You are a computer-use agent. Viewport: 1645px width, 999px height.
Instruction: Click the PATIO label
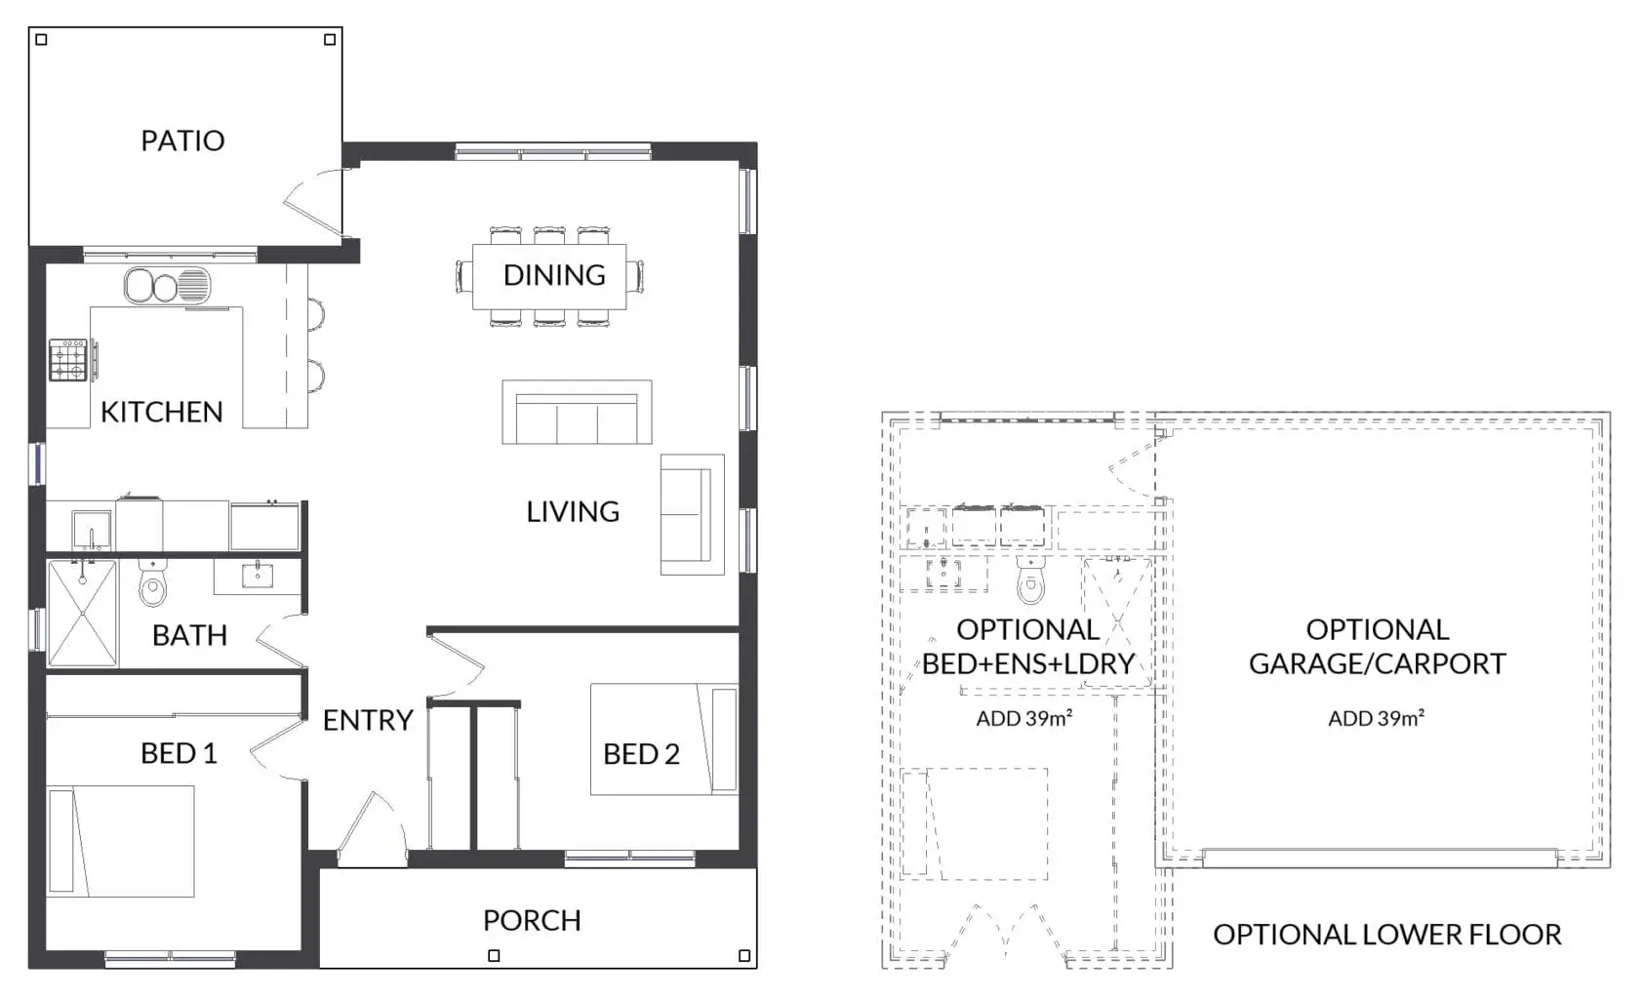(182, 140)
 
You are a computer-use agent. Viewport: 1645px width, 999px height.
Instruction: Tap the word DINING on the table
(554, 275)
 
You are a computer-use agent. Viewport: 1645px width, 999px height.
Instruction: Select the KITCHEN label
(162, 412)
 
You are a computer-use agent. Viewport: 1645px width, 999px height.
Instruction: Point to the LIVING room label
(573, 511)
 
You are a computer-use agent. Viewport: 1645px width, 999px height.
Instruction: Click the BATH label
(189, 635)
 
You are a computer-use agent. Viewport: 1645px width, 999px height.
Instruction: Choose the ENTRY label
(368, 721)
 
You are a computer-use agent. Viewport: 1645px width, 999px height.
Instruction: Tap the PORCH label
(532, 920)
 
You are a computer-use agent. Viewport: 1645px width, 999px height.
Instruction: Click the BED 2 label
(641, 754)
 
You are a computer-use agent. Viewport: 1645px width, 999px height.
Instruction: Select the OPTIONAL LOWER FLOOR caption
(1387, 935)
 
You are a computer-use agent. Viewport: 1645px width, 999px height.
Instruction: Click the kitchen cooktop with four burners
(68, 360)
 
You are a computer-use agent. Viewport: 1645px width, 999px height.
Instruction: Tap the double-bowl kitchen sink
(167, 286)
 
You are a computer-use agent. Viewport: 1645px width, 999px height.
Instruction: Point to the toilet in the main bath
(153, 582)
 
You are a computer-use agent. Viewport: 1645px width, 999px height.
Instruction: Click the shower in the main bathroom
(82, 614)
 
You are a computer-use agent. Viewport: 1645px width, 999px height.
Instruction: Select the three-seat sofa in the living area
(577, 412)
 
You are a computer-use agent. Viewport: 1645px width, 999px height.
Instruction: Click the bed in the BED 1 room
(120, 841)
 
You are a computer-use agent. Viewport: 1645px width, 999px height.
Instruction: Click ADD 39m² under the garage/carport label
(1377, 718)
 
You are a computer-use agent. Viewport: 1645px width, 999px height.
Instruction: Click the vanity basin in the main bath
(257, 576)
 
